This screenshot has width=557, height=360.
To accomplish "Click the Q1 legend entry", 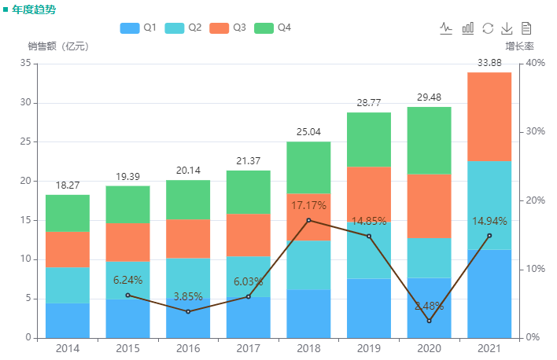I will point(138,28).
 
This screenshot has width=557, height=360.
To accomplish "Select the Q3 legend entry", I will point(229,28).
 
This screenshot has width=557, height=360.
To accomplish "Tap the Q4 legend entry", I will point(274,28).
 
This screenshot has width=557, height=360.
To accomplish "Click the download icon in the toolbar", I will point(507,28).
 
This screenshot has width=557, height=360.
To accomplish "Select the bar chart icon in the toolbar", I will point(467,28).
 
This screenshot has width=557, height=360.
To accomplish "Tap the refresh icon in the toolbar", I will point(488,28).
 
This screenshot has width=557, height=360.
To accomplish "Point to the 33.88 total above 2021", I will point(489,63).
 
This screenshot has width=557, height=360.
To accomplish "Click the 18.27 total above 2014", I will point(68,186).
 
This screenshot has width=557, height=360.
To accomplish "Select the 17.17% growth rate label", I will point(309,205).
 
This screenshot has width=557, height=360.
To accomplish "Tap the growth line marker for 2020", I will point(429,321).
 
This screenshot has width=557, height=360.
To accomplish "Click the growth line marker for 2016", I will point(188,311).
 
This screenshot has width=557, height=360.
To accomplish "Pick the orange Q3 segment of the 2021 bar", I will point(489,116).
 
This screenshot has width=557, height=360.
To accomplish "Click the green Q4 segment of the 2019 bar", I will point(369,139).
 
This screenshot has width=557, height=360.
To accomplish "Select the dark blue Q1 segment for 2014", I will point(68,320).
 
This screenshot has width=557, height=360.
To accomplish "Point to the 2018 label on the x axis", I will point(308,347).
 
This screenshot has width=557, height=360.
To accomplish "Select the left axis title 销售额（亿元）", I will point(58,46).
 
